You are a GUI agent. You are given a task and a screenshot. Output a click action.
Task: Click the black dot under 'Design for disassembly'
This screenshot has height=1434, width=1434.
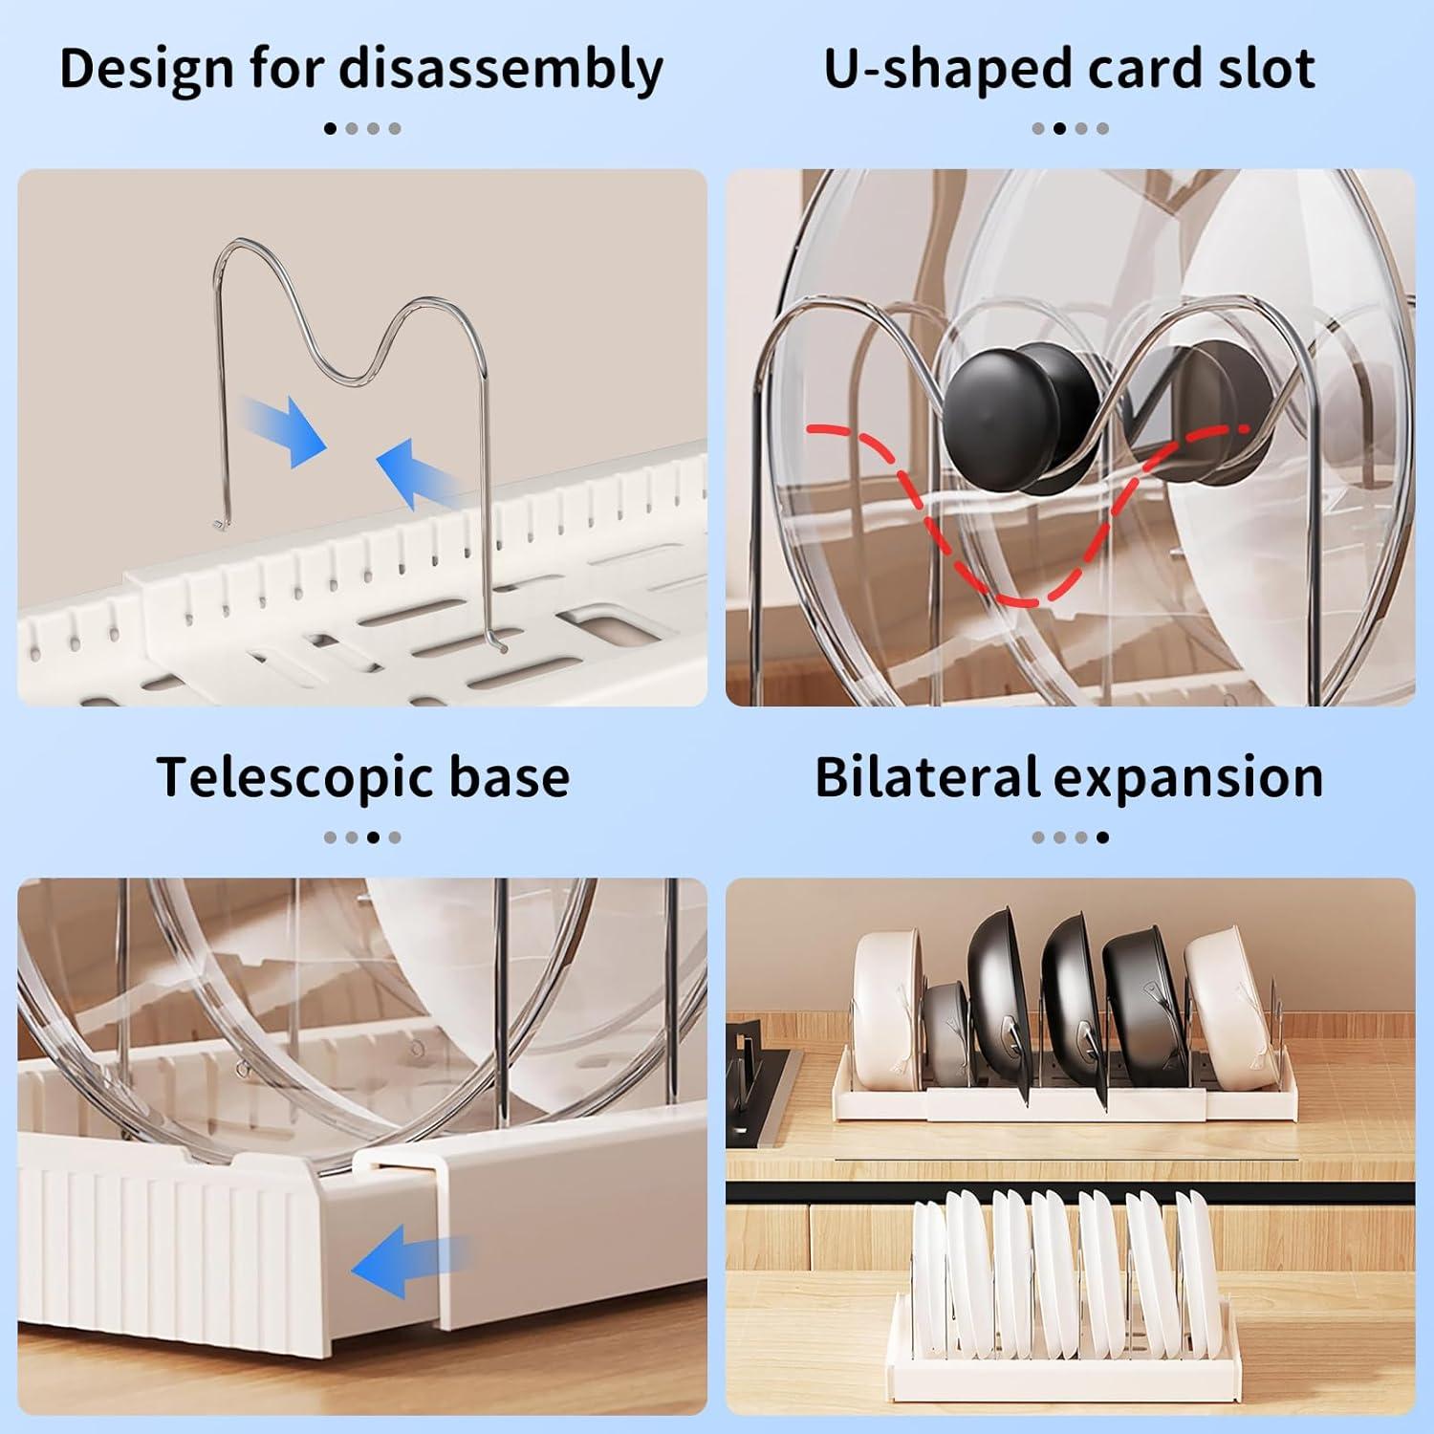click(331, 128)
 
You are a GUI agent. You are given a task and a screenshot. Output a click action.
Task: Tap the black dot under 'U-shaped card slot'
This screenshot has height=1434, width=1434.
click(1059, 128)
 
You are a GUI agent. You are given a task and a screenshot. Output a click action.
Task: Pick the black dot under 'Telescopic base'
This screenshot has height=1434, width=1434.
click(373, 837)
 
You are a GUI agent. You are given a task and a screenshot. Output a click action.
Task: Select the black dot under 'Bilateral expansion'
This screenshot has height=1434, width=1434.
click(1102, 837)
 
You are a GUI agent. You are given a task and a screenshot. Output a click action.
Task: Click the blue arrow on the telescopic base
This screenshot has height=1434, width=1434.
click(406, 1266)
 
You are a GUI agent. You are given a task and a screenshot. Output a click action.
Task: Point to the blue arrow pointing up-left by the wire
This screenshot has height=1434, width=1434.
click(421, 470)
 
